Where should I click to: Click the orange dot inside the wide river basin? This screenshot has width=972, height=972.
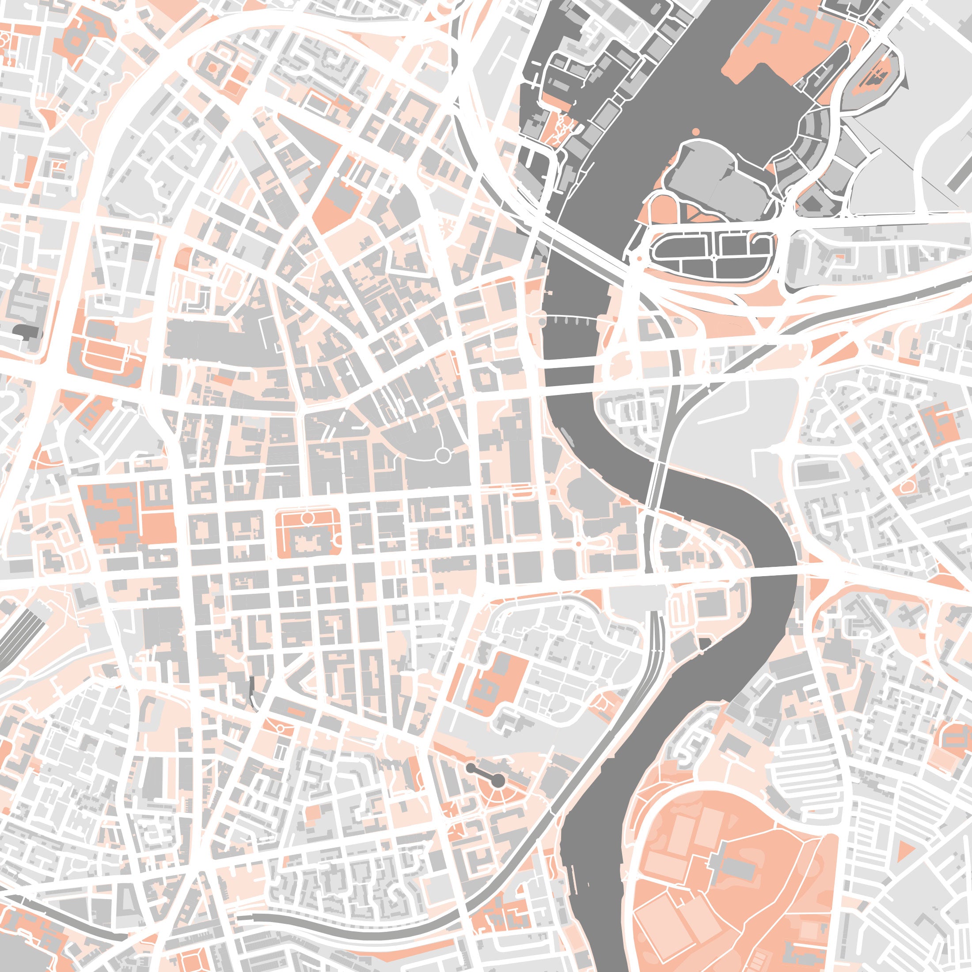click(x=696, y=131)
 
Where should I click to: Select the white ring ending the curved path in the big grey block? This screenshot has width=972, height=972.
click(x=442, y=456)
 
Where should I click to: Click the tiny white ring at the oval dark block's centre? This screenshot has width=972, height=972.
click(x=714, y=258)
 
